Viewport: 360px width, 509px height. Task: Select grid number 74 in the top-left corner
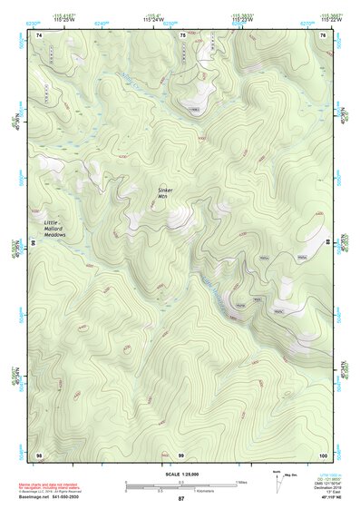point(39,34)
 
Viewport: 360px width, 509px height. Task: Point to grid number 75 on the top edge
point(182,34)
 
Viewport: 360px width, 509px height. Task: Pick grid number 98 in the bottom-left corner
point(39,454)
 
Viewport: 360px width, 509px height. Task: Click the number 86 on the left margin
point(32,244)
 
